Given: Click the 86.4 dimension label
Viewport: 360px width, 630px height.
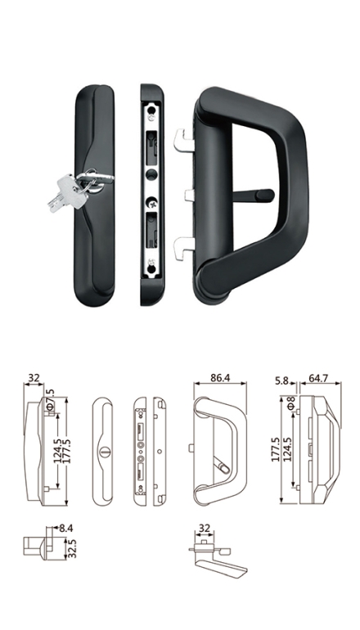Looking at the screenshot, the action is click(x=220, y=378).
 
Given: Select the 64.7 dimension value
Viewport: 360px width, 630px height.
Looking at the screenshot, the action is click(x=318, y=379).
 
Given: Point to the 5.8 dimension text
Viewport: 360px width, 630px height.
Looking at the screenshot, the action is click(x=282, y=380).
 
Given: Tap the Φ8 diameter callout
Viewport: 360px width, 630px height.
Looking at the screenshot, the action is click(x=291, y=403).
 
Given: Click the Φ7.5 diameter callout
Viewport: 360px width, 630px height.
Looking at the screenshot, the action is click(x=50, y=400).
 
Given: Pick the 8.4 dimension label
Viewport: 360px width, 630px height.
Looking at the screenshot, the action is click(x=66, y=529).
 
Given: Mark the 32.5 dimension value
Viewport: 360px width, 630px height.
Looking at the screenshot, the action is click(x=72, y=549).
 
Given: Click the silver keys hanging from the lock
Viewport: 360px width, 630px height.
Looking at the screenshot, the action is click(x=68, y=192).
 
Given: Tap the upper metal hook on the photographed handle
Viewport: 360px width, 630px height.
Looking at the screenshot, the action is click(x=183, y=139).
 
